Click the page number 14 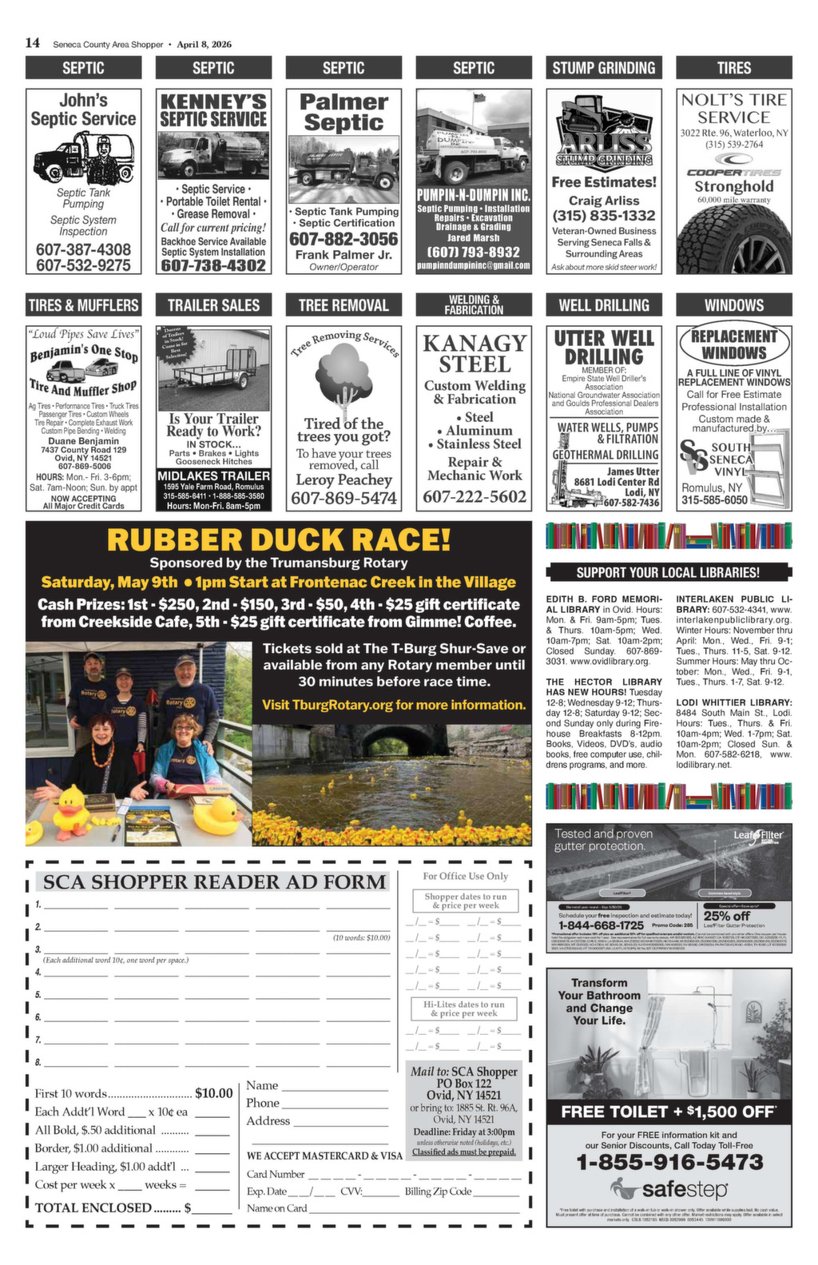pyautogui.click(x=33, y=43)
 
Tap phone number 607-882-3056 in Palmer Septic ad pyautogui.click(x=343, y=239)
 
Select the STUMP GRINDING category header pyautogui.click(x=604, y=68)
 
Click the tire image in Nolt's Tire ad pyautogui.click(x=733, y=239)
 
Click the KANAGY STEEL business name pyautogui.click(x=475, y=353)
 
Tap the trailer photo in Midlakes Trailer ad pyautogui.click(x=213, y=368)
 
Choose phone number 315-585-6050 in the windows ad pyautogui.click(x=714, y=500)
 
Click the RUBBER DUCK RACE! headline pyautogui.click(x=278, y=540)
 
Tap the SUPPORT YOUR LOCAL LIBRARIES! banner pyautogui.click(x=668, y=572)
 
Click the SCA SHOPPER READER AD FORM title pyautogui.click(x=214, y=882)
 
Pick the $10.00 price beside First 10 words pyautogui.click(x=213, y=1093)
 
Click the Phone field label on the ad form pyautogui.click(x=263, y=1103)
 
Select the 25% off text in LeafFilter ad pyautogui.click(x=726, y=916)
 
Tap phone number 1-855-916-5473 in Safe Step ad pyautogui.click(x=669, y=1162)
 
